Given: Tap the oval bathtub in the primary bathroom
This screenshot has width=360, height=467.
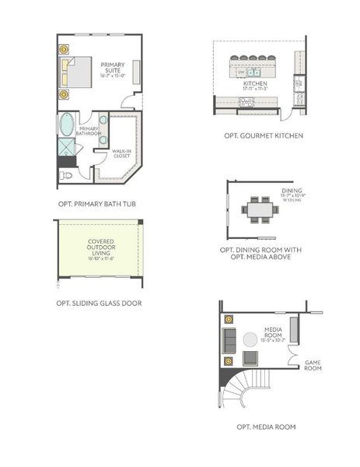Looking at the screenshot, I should point(68,125).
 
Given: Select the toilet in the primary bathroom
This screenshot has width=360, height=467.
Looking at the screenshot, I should point(67,176).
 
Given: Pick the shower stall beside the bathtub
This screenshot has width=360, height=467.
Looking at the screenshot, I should point(68,147).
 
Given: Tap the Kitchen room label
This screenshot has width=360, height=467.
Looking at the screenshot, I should point(256,84).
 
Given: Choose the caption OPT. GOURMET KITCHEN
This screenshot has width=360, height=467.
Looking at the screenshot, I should point(264,136).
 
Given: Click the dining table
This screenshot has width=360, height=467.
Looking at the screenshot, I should point(259,209).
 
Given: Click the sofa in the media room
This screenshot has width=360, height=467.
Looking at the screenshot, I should point(229,339).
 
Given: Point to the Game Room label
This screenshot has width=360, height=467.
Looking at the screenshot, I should point(313,366).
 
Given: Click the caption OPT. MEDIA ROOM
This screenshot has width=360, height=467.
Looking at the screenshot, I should point(266,427).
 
